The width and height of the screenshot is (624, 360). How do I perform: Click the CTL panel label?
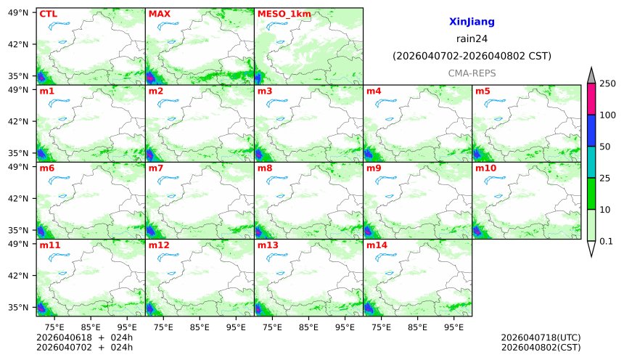point(48,14)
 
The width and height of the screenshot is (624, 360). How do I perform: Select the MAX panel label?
point(159,14)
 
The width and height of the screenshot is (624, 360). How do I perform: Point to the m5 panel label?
point(483,91)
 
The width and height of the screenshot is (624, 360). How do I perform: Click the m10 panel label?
point(485,168)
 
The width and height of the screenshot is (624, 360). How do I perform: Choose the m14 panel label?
point(377,245)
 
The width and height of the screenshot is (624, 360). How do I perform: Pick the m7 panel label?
point(156,168)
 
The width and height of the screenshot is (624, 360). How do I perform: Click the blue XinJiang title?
point(472,22)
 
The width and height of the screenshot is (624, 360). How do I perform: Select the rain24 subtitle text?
point(472,39)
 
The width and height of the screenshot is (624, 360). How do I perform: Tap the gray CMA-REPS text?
point(472,73)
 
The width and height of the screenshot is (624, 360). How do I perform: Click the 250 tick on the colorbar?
point(607,84)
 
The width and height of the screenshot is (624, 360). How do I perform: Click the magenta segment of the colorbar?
point(591,99)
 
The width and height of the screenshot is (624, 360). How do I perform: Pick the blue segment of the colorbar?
point(591,131)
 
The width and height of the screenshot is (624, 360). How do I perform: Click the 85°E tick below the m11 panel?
point(90,327)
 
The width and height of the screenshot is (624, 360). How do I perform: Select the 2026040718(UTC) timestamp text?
point(541,337)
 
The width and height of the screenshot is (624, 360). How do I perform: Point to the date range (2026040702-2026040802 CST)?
point(472,56)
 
